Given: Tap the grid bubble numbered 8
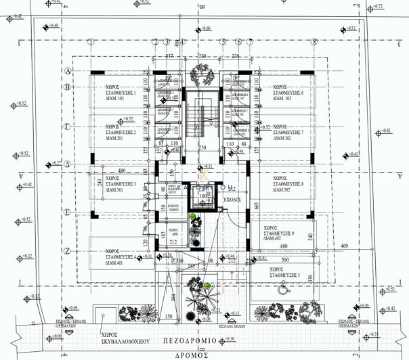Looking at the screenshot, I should click(314, 42).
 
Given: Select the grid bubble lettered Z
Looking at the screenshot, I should click(68, 251).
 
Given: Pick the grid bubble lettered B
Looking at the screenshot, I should click(68, 87).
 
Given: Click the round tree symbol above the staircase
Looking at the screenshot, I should click(202, 70).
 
